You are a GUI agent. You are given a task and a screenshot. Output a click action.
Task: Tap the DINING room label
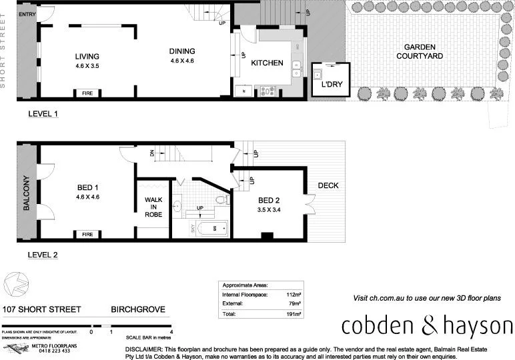[x=181, y=51]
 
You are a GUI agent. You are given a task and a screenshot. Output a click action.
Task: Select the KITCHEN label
[x=267, y=63]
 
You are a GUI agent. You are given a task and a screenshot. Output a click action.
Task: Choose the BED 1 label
[x=87, y=188]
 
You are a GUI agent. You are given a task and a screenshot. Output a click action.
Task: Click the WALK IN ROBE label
[x=153, y=207]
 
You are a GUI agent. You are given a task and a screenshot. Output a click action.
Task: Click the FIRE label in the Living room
[x=87, y=94]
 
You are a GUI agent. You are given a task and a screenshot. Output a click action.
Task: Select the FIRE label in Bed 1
[x=87, y=234]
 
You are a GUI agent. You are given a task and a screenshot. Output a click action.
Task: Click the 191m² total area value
[x=294, y=313]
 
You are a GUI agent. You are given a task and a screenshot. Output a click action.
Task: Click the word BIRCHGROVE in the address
[x=137, y=309]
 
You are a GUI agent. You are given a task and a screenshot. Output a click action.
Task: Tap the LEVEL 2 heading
[x=43, y=255]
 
